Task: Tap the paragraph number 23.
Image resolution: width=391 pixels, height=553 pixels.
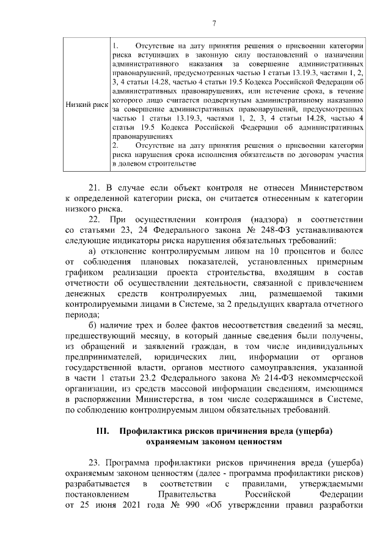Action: coord(95,460)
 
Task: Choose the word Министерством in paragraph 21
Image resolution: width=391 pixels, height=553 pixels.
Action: coord(331,186)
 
